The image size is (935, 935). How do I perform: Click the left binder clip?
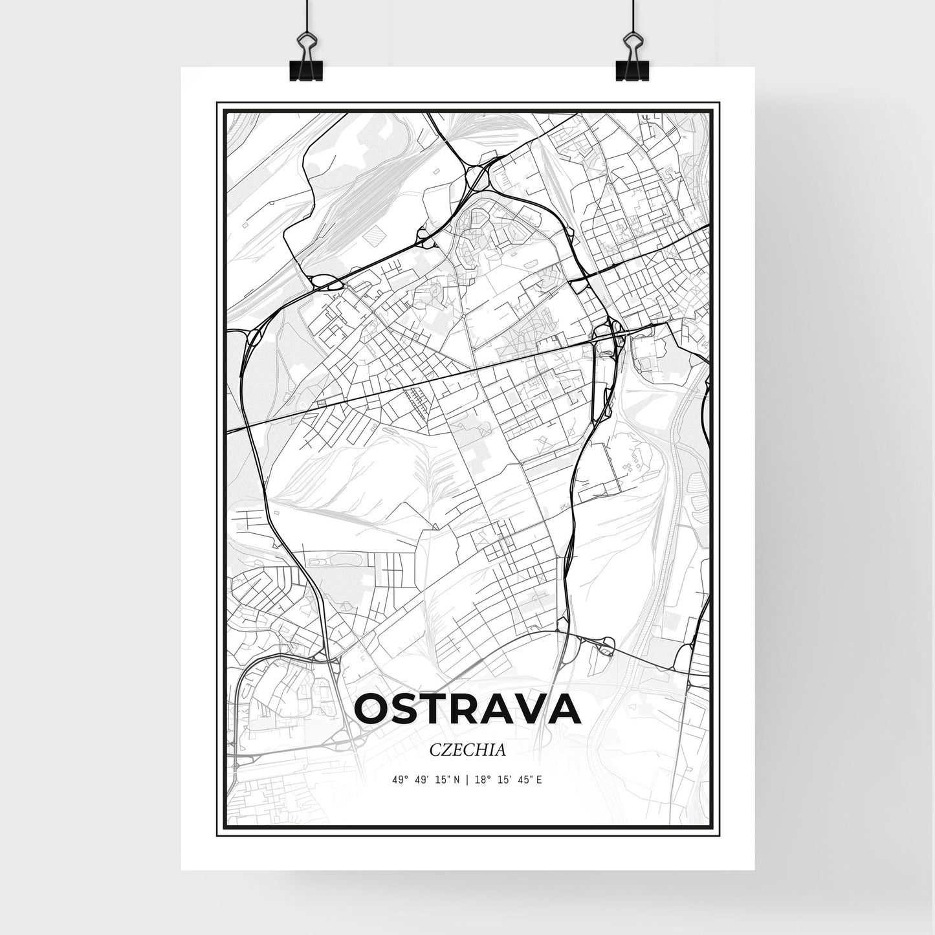click(305, 62)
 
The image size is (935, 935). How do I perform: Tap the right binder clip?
click(630, 62)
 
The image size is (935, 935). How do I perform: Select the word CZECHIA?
click(467, 750)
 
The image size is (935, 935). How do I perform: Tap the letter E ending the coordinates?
click(539, 780)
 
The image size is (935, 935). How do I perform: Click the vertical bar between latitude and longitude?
click(467, 780)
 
